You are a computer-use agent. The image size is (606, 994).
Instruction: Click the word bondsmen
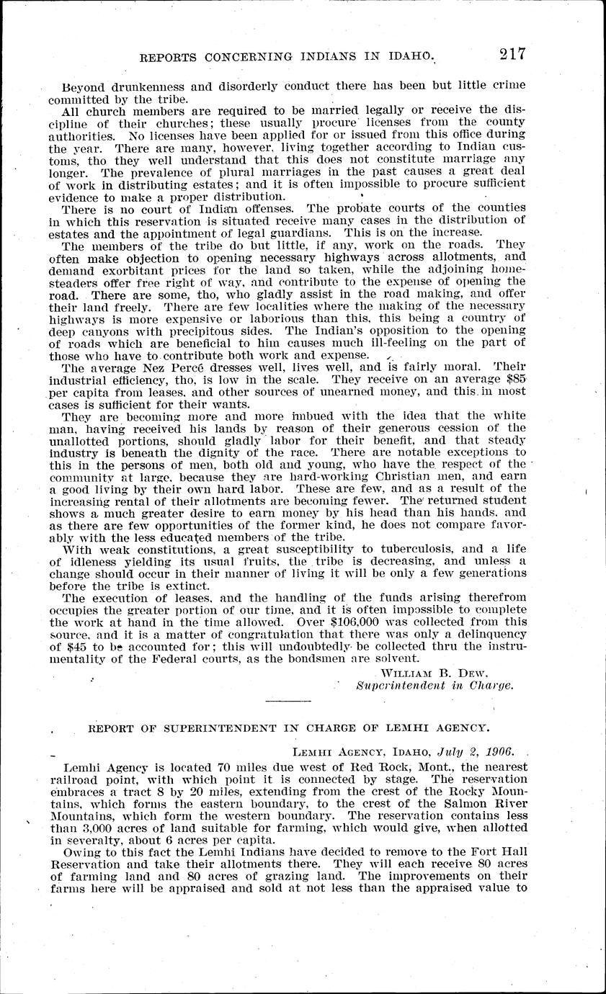[328, 658]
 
